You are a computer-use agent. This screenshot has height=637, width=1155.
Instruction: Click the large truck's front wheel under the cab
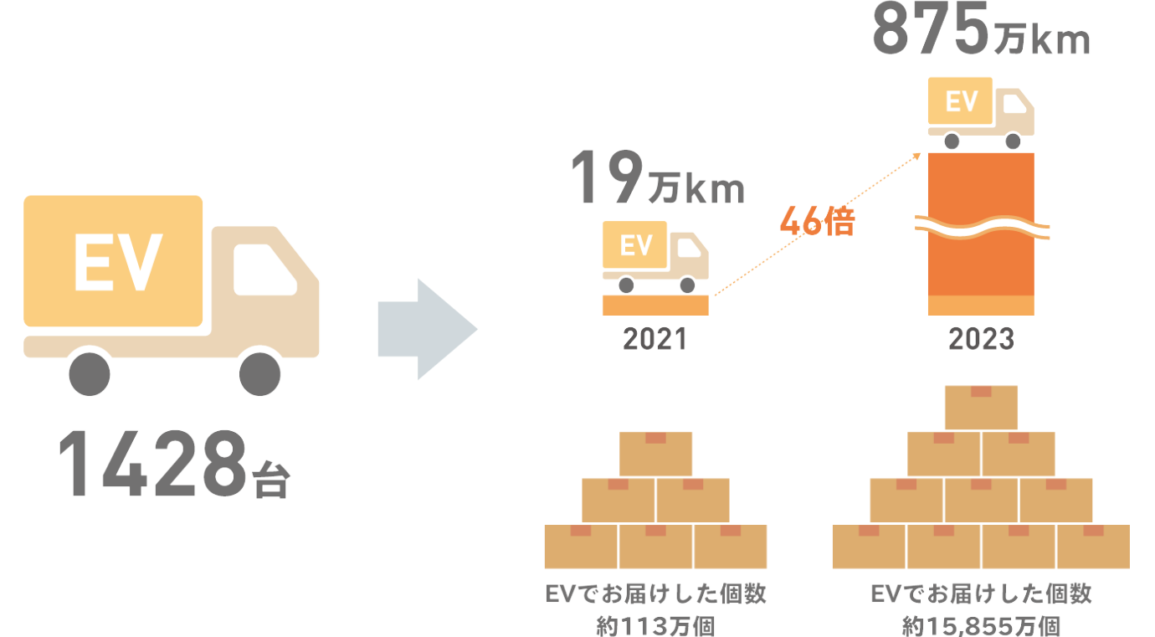[x=259, y=374]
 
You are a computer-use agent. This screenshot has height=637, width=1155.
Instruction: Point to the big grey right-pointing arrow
[x=427, y=330]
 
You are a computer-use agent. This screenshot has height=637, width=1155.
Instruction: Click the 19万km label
[x=657, y=180]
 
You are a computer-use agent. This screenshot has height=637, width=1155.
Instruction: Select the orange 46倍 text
[x=816, y=223]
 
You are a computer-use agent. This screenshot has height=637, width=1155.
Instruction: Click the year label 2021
[x=654, y=340]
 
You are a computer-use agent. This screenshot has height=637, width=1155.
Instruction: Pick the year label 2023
[x=981, y=340]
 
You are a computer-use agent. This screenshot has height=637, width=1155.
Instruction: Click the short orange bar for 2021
[x=655, y=306]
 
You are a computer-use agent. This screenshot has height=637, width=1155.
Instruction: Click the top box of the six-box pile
[x=655, y=453]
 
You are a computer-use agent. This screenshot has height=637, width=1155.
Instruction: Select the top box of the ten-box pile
[x=981, y=407]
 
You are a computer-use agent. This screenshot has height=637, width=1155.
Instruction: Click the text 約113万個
[x=655, y=624]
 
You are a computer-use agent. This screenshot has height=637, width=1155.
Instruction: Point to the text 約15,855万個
[x=981, y=624]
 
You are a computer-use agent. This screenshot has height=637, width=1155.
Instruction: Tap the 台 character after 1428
[x=269, y=480]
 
